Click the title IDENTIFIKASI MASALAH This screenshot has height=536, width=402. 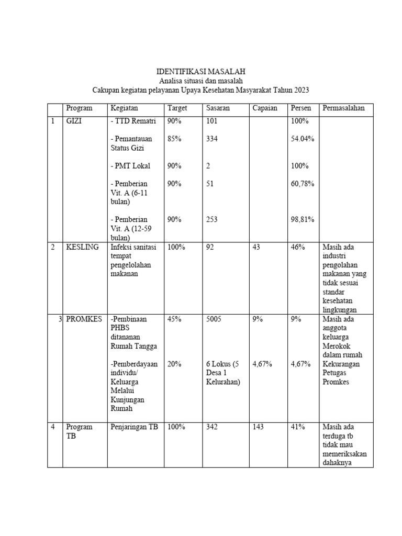(x=201, y=71)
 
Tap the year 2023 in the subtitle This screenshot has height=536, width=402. (x=301, y=90)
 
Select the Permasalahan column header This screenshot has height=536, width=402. (x=343, y=108)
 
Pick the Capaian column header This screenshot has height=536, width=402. (x=265, y=108)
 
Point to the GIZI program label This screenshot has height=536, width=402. (x=75, y=121)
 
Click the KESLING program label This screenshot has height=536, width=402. (x=82, y=247)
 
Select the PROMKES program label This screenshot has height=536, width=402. (x=84, y=319)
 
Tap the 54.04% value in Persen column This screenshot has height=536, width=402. (x=303, y=139)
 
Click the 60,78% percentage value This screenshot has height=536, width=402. (x=303, y=184)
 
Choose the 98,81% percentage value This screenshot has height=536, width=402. (x=303, y=219)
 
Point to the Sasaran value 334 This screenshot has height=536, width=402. (x=212, y=139)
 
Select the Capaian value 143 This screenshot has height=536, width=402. (x=258, y=427)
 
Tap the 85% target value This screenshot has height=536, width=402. (x=174, y=139)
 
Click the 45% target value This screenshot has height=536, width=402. (x=174, y=319)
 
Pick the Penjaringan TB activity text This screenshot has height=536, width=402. (x=134, y=427)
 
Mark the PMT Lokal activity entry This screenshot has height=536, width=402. (x=130, y=166)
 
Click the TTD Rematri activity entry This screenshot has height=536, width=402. (x=133, y=121)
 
